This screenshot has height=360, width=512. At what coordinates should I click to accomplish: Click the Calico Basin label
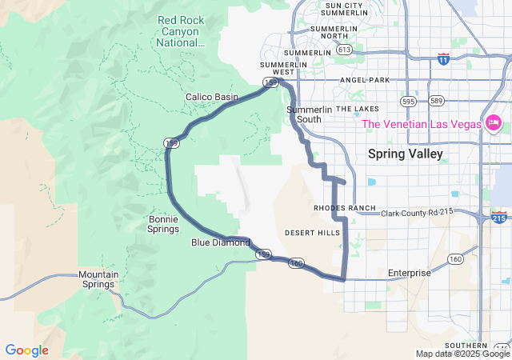[212, 97]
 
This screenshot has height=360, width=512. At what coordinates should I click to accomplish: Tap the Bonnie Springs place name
[164, 224]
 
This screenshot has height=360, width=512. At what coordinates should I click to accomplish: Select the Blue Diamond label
[221, 242]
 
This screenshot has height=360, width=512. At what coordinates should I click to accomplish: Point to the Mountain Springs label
[98, 279]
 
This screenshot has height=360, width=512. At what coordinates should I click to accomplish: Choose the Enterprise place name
[410, 273]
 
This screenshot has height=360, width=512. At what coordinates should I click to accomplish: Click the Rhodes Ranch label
[345, 208]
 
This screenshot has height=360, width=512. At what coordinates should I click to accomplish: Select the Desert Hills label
[312, 233]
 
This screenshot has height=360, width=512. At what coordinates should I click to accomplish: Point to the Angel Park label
[364, 80]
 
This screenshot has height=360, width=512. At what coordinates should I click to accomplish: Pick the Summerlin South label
[303, 114]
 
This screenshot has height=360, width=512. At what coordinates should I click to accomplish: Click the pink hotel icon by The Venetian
[494, 123]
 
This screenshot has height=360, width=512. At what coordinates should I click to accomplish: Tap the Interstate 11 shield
[444, 58]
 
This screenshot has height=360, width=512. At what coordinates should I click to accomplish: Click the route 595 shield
[409, 102]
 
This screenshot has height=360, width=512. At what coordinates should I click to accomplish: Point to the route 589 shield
[436, 101]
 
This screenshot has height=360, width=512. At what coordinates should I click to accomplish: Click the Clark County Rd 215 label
[417, 213]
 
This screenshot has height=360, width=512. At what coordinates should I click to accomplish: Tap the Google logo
[26, 350]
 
